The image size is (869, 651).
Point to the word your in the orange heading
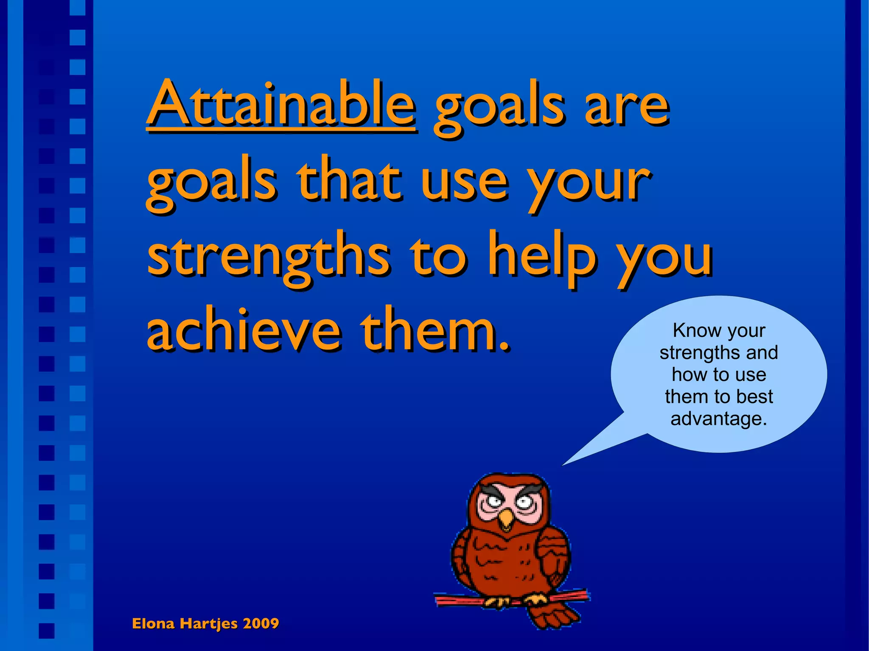pyautogui.click(x=589, y=182)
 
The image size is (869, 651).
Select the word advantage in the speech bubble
pyautogui.click(x=718, y=419)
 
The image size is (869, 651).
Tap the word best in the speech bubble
pyautogui.click(x=755, y=397)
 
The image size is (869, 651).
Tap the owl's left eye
pyautogui.click(x=494, y=502)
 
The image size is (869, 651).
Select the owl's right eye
pyautogui.click(x=524, y=503)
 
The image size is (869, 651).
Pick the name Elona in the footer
pyautogui.click(x=153, y=623)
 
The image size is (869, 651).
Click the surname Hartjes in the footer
pyautogui.click(x=208, y=624)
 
